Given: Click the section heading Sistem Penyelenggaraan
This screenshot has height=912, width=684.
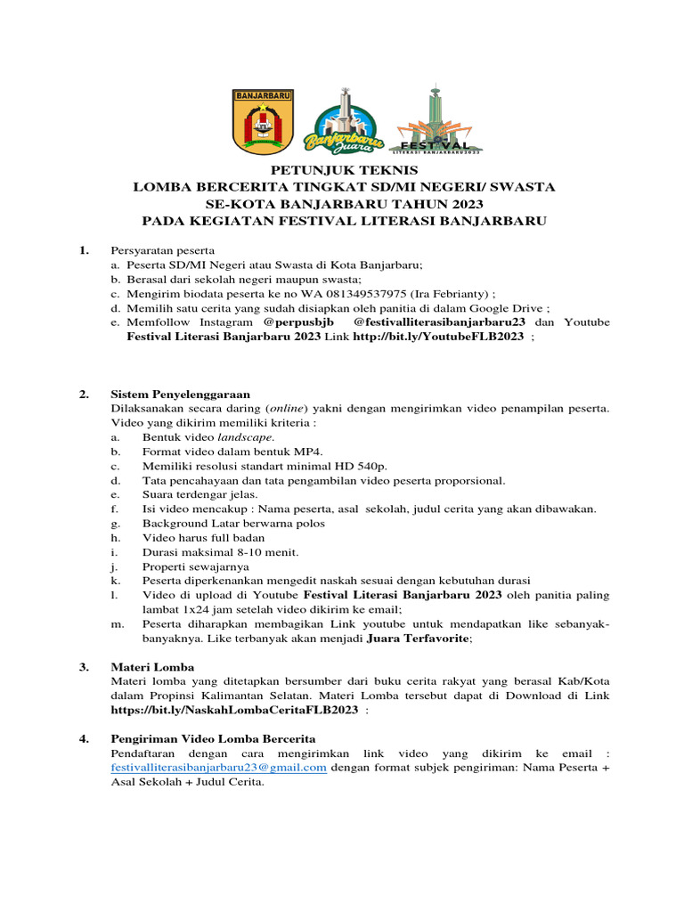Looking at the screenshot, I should pos(180,394).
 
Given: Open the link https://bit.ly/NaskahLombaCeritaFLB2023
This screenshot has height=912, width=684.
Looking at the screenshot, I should pos(234,710).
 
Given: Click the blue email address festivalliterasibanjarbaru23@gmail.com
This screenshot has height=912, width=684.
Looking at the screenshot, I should pos(218,768).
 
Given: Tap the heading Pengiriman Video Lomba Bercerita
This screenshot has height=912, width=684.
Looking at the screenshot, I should pos(212,738).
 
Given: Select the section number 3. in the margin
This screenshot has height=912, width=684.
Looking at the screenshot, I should pos(84,666).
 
